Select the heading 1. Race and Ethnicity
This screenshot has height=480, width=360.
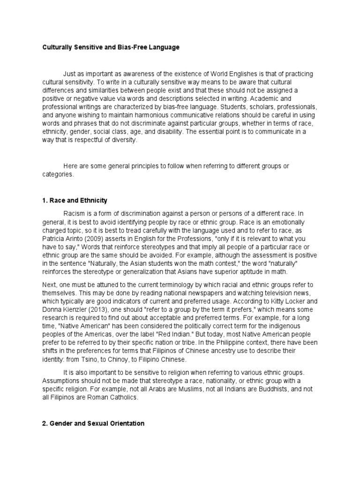coord(75,201)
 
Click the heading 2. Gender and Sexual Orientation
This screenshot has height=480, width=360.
coord(93,423)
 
